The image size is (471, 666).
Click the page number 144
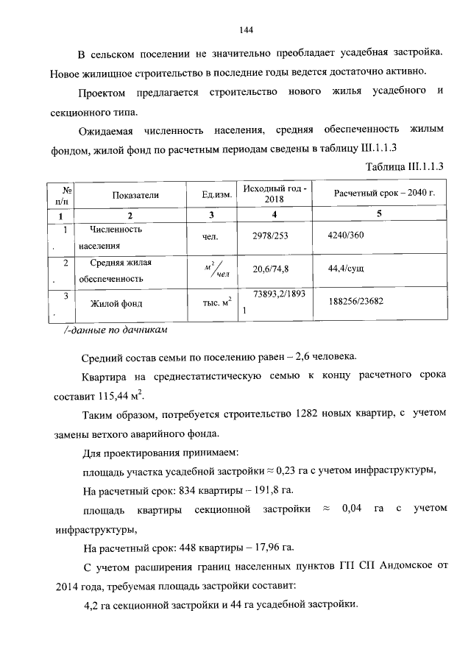[246, 30]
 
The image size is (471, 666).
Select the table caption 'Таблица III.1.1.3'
[407, 166]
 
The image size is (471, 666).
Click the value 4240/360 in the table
[346, 235]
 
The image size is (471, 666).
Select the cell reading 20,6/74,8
[271, 269]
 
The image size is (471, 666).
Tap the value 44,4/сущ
[347, 269]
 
